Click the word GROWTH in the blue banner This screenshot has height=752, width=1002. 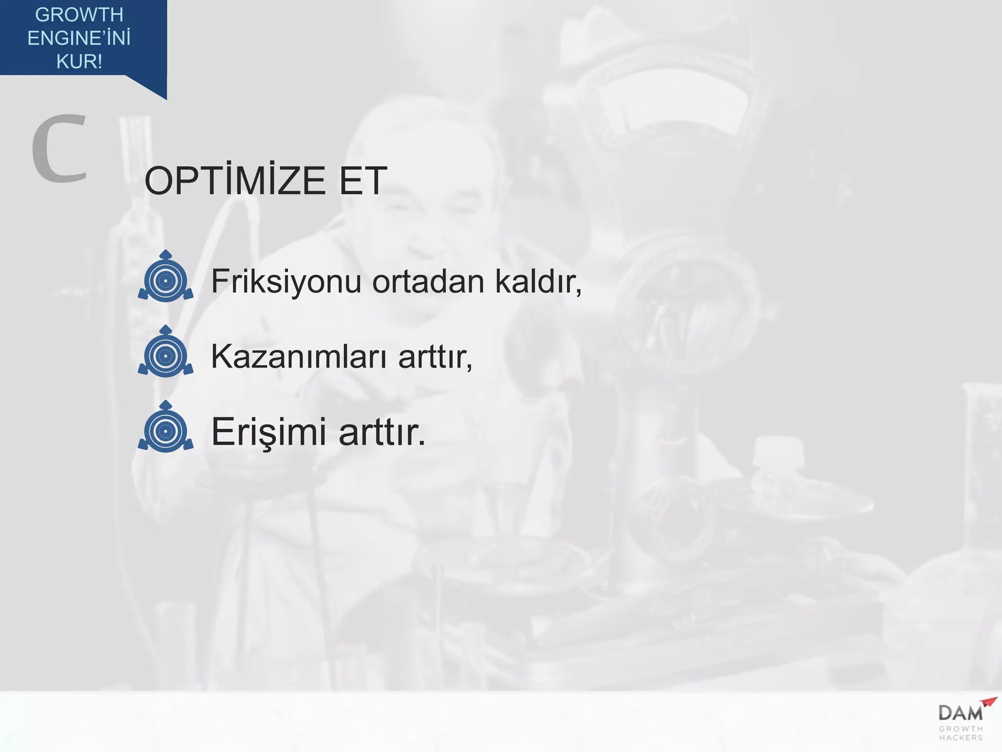click(x=79, y=15)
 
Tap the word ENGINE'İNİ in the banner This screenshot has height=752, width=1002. click(x=79, y=38)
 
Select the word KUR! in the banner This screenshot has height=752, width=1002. click(x=79, y=62)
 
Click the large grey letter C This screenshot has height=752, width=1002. click(x=59, y=149)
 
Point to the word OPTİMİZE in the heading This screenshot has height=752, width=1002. click(x=235, y=181)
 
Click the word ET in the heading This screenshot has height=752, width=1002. click(x=363, y=181)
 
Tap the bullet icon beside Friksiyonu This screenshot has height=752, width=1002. click(x=165, y=277)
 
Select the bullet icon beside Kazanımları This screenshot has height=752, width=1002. click(x=165, y=352)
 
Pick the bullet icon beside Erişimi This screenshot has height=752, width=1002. click(x=165, y=427)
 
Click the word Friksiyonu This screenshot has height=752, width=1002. click(x=286, y=282)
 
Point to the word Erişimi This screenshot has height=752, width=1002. click(x=269, y=432)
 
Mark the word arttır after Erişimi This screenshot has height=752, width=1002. click(x=382, y=432)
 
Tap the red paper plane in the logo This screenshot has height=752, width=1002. click(x=989, y=703)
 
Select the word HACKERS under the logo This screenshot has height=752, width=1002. click(x=961, y=738)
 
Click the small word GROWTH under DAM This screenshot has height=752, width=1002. click(x=961, y=729)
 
